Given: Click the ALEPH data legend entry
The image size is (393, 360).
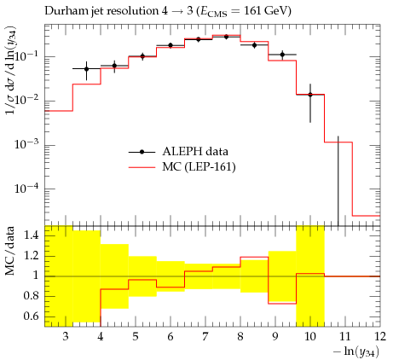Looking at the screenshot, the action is click(178, 152).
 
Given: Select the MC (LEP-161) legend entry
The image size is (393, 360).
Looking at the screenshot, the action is click(182, 167).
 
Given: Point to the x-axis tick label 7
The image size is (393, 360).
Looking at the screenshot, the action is click(205, 337).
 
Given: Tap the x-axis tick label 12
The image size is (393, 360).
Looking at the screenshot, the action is click(379, 337).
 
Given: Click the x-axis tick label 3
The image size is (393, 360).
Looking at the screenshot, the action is click(66, 337).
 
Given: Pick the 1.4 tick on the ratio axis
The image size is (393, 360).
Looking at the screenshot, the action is click(32, 235).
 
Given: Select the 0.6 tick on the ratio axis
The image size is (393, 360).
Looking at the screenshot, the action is click(32, 316).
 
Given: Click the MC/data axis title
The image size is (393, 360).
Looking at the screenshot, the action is click(10, 251).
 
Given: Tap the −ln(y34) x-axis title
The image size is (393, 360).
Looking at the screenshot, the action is click(356, 351).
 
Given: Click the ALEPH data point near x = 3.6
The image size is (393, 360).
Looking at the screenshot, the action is click(86, 69).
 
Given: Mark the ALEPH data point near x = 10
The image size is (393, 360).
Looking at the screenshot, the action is click(310, 95).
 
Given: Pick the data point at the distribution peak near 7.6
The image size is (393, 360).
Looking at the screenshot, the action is click(226, 37).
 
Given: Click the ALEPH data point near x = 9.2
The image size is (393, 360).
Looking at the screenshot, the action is click(282, 55).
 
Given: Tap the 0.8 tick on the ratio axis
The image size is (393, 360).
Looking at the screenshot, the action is click(32, 296).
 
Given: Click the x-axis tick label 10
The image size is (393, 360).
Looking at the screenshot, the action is click(310, 337).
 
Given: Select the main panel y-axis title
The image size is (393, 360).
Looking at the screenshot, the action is click(11, 72).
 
